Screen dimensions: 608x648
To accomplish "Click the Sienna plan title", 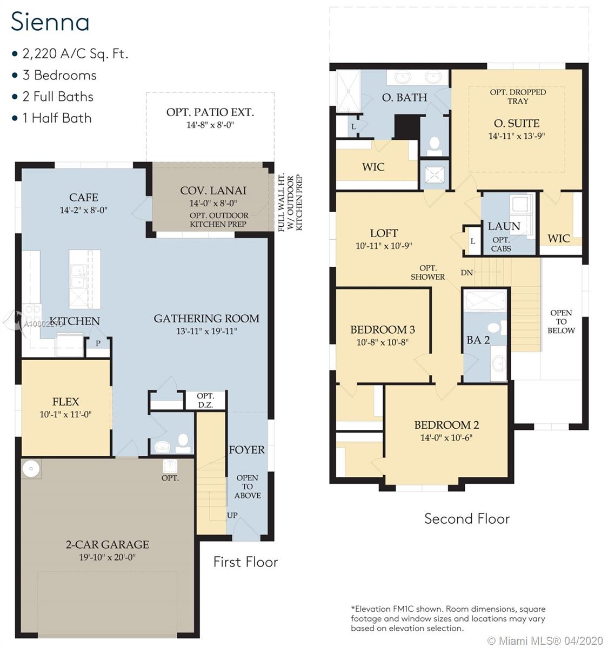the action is (x=50, y=22).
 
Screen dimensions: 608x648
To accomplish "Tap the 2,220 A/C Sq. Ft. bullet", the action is (x=70, y=54).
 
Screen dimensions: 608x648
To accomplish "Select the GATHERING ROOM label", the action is (x=206, y=319).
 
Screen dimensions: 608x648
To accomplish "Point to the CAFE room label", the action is (x=84, y=198).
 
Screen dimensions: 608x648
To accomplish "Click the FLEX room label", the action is (x=66, y=402).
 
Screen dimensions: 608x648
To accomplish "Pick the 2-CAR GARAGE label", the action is (x=108, y=544).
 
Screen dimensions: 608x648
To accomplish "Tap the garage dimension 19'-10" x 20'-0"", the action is (x=108, y=557).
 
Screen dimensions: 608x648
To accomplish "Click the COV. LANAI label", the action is (x=213, y=191).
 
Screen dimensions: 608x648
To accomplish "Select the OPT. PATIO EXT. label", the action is (x=210, y=112).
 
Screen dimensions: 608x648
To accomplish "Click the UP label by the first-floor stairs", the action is (x=232, y=515).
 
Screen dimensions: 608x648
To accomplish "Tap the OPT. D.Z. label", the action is (x=205, y=400).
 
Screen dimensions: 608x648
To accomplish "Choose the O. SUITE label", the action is (x=517, y=123).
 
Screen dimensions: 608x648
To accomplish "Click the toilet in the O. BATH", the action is (x=434, y=146).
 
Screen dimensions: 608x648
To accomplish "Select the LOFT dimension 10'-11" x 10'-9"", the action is (x=384, y=246).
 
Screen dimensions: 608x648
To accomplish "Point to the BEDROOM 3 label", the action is (x=383, y=329).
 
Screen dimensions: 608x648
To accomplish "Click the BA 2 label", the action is (x=478, y=340).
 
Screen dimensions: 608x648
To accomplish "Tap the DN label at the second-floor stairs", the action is (x=467, y=273).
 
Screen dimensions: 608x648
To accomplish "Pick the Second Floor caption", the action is (x=467, y=518).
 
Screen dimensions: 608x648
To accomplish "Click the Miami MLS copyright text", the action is (x=545, y=640).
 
